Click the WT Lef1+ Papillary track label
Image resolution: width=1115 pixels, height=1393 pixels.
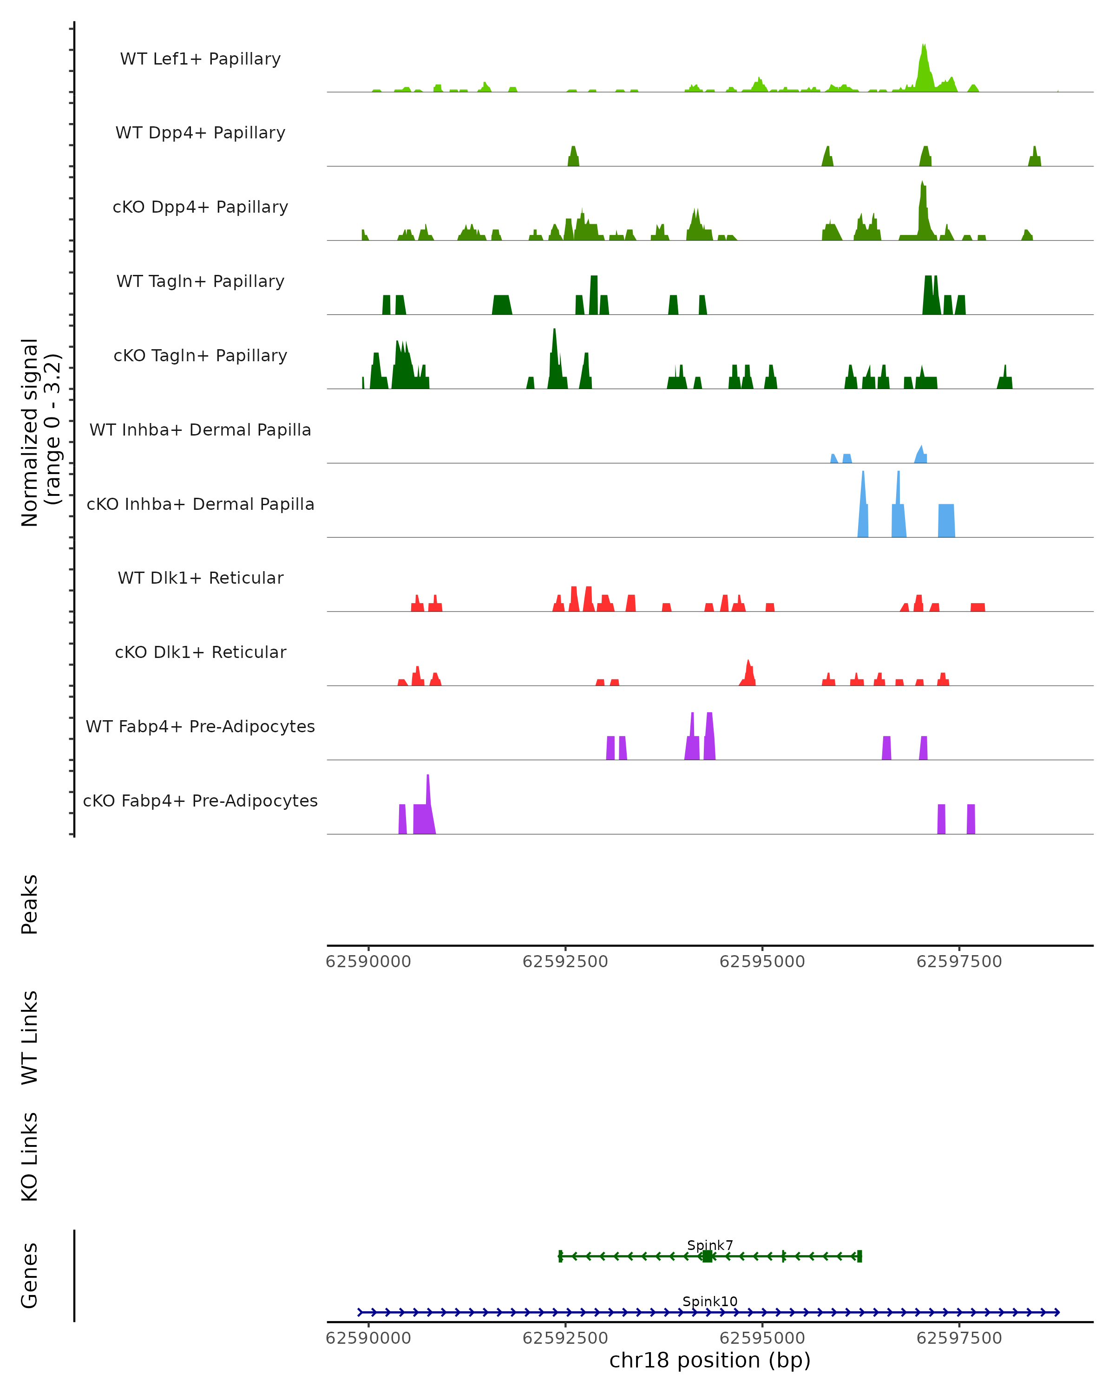coord(200,59)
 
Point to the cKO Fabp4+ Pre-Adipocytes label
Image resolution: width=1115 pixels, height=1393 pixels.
coord(200,801)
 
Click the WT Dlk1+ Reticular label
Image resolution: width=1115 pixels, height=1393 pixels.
coord(200,578)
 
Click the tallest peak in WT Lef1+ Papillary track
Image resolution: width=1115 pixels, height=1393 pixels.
coord(924,46)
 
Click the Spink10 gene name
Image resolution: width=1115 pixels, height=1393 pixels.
coord(710,1301)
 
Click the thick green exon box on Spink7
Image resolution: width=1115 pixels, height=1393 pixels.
coord(707,1256)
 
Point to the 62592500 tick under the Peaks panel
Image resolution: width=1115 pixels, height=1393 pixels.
coord(565,962)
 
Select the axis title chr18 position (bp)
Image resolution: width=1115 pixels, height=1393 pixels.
coord(710,1360)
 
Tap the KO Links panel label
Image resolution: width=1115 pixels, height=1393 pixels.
coord(30,1157)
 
